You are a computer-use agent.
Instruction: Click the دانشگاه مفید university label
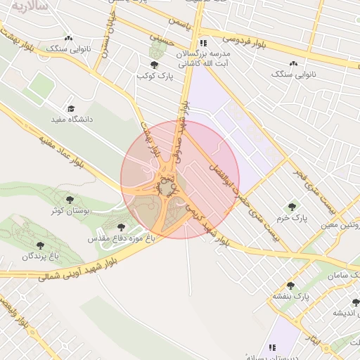[72, 120]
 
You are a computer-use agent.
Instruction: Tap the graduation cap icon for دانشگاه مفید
[70, 108]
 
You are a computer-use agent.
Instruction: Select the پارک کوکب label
[155, 75]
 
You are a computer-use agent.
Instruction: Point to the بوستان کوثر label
[69, 210]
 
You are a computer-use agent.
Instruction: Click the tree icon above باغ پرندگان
[40, 245]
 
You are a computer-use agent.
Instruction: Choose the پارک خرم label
[292, 218]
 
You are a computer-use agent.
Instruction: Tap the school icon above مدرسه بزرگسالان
[203, 42]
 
